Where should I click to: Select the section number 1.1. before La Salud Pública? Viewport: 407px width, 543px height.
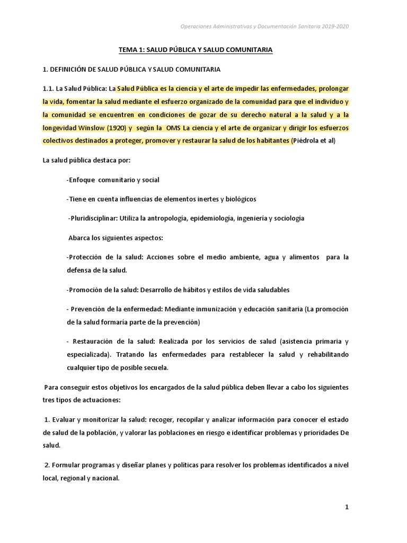click(51, 88)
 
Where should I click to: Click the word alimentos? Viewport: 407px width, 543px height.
click(304, 257)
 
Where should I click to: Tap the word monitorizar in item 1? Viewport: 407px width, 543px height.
click(99, 419)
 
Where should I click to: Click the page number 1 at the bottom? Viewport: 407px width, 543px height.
click(347, 507)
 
